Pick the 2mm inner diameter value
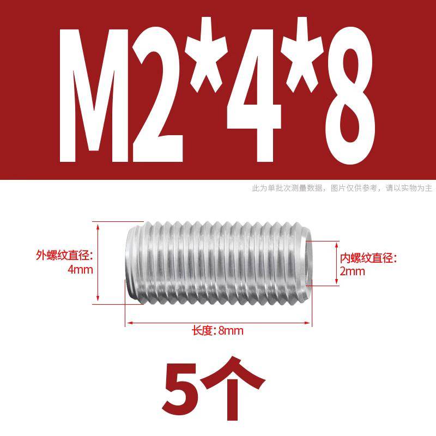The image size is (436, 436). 352,271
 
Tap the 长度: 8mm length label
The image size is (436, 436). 217,331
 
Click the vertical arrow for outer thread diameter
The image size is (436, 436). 99,260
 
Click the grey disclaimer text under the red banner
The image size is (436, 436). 342,189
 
